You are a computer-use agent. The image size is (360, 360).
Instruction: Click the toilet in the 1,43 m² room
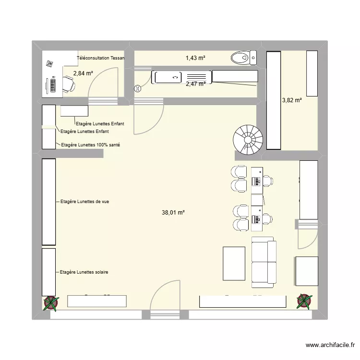tap(243, 59)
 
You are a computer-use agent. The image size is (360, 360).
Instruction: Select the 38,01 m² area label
tap(174, 212)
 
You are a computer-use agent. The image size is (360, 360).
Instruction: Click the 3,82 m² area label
tap(291, 100)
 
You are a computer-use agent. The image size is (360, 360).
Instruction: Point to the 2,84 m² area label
tap(83, 73)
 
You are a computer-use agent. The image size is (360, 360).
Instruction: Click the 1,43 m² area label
tap(195, 58)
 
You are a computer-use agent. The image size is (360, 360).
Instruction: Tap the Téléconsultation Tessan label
tap(100, 58)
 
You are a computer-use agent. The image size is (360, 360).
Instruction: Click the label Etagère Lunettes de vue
tap(84, 202)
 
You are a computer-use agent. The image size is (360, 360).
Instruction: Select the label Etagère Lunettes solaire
tap(84, 272)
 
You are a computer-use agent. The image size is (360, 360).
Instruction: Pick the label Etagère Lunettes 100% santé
tap(89, 144)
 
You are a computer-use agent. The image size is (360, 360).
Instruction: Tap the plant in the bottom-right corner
tap(304, 301)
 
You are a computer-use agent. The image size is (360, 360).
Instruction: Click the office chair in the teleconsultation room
tap(69, 85)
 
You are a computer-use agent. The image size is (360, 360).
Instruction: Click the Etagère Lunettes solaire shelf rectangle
tap(48, 272)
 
